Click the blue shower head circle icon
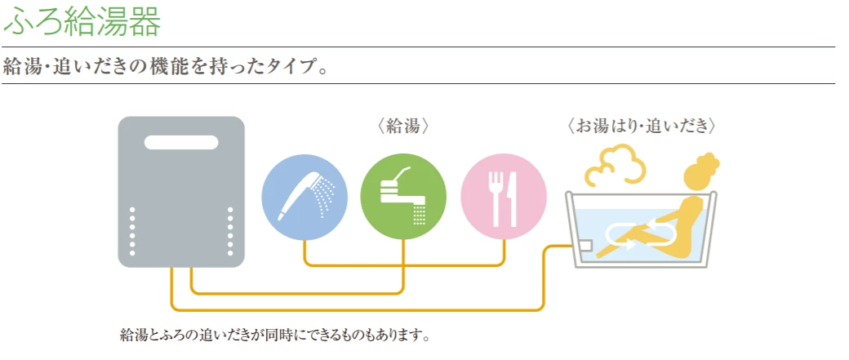(304, 197)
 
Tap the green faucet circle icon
(403, 197)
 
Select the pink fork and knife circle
(504, 197)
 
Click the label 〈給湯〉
(403, 127)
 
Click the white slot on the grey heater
(181, 143)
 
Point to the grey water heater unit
(181, 192)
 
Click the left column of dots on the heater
(132, 229)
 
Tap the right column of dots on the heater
(230, 229)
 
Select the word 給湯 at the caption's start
(133, 335)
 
